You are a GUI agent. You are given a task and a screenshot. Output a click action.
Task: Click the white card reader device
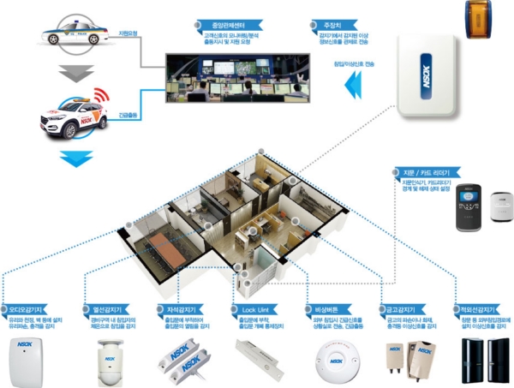[501, 206]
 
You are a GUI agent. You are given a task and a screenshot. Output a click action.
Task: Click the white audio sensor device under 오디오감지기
[25, 361]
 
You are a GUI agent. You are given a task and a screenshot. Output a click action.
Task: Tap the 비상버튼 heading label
[325, 309]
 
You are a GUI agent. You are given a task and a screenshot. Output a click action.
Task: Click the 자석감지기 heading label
[179, 309]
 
